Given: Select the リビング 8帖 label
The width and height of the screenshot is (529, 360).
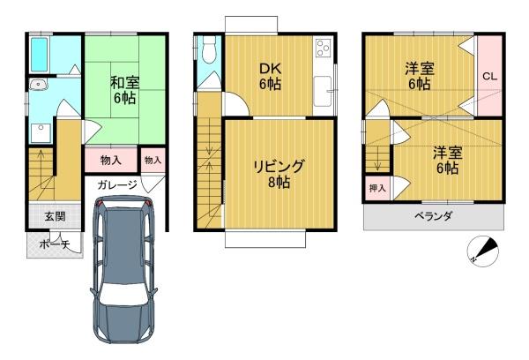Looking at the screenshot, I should pyautogui.click(x=279, y=173).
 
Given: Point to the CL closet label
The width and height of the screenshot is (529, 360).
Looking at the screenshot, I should pyautogui.click(x=489, y=77).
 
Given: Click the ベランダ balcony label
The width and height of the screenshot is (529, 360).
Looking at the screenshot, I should pyautogui.click(x=434, y=217).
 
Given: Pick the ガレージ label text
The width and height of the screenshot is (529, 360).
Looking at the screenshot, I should pyautogui.click(x=117, y=185).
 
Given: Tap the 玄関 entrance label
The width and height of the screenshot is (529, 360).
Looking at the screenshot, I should pyautogui.click(x=43, y=216).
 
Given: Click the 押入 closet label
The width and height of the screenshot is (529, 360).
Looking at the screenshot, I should pyautogui.click(x=376, y=188).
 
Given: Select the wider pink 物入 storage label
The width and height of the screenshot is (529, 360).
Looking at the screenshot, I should pyautogui.click(x=111, y=161).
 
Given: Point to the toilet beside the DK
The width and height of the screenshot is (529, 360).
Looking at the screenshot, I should pyautogui.click(x=208, y=50).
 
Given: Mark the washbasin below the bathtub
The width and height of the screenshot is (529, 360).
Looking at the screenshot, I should pyautogui.click(x=38, y=86).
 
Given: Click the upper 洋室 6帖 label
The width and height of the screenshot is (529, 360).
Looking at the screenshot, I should pyautogui.click(x=418, y=76).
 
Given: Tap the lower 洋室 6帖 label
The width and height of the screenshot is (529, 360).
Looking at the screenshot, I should pyautogui.click(x=445, y=160).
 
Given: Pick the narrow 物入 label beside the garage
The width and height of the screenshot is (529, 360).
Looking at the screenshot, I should pyautogui.click(x=153, y=161).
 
